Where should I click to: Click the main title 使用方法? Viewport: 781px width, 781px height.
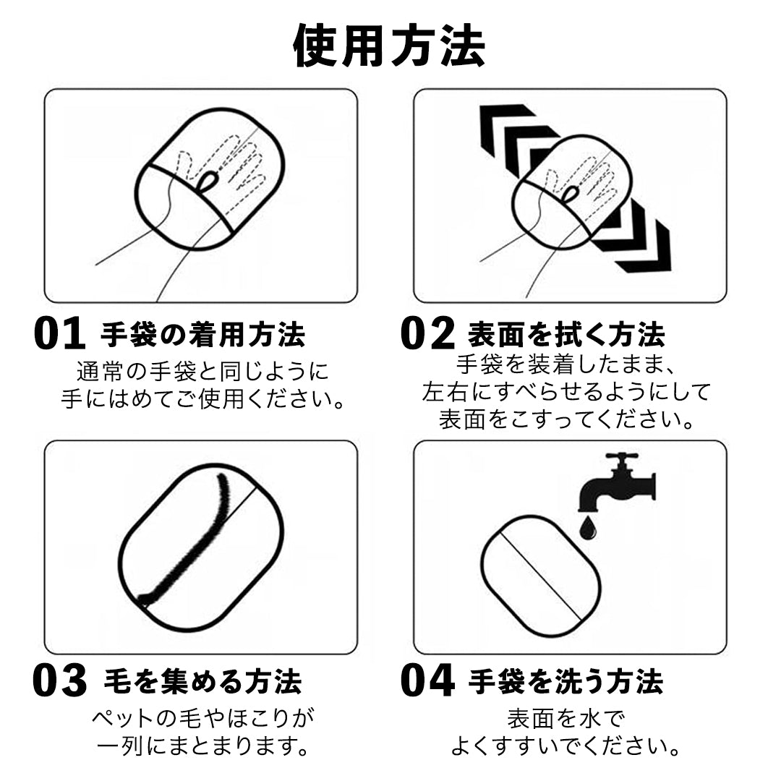click(389, 46)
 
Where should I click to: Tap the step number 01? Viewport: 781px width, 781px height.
click(60, 334)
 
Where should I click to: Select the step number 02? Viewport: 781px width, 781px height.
click(427, 334)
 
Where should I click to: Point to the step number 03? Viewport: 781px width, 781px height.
click(60, 682)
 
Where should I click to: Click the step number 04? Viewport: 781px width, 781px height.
click(427, 682)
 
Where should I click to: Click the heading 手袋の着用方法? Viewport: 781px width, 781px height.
click(202, 335)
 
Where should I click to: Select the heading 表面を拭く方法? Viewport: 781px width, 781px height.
click(566, 335)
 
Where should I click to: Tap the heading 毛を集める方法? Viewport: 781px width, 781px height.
click(202, 682)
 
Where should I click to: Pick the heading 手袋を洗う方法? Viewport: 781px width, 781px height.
click(566, 682)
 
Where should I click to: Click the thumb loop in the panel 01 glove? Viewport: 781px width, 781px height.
click(208, 181)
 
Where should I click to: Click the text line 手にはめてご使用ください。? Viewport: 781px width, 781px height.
click(202, 398)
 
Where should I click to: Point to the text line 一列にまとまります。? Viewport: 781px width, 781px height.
click(202, 746)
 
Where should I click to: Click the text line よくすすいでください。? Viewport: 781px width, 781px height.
click(566, 746)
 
